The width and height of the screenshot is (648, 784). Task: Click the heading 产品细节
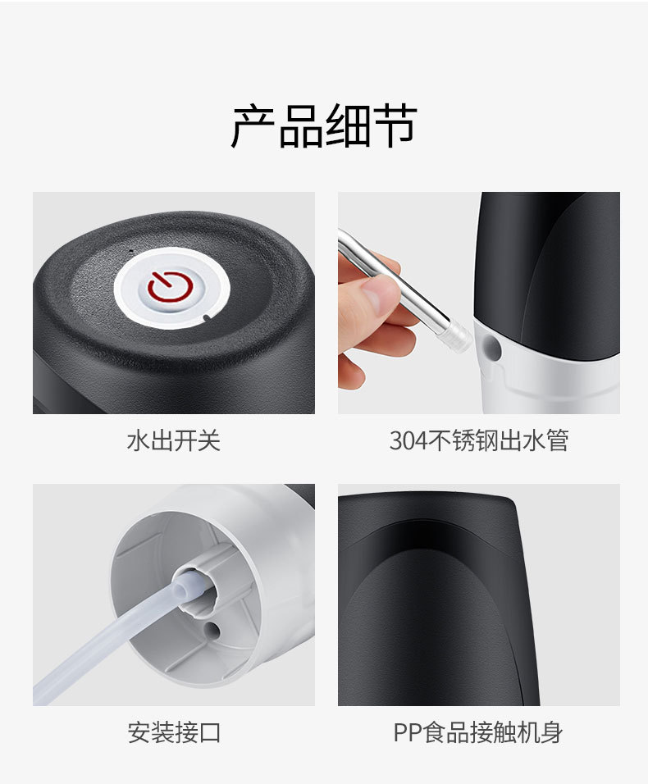[324, 126]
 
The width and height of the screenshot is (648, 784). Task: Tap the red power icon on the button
[170, 286]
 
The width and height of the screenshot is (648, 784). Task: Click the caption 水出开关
[173, 440]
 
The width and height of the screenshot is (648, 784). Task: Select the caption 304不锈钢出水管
[478, 440]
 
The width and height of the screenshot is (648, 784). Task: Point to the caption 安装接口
[173, 732]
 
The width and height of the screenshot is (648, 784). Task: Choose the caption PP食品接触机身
[478, 732]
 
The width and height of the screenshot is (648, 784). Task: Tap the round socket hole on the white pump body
[491, 348]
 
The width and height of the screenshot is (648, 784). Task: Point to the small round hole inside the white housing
[213, 630]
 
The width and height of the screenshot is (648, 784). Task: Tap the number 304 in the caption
[408, 440]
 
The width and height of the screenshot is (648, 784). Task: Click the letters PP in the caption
[407, 732]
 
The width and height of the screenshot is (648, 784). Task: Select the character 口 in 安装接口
[209, 732]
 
